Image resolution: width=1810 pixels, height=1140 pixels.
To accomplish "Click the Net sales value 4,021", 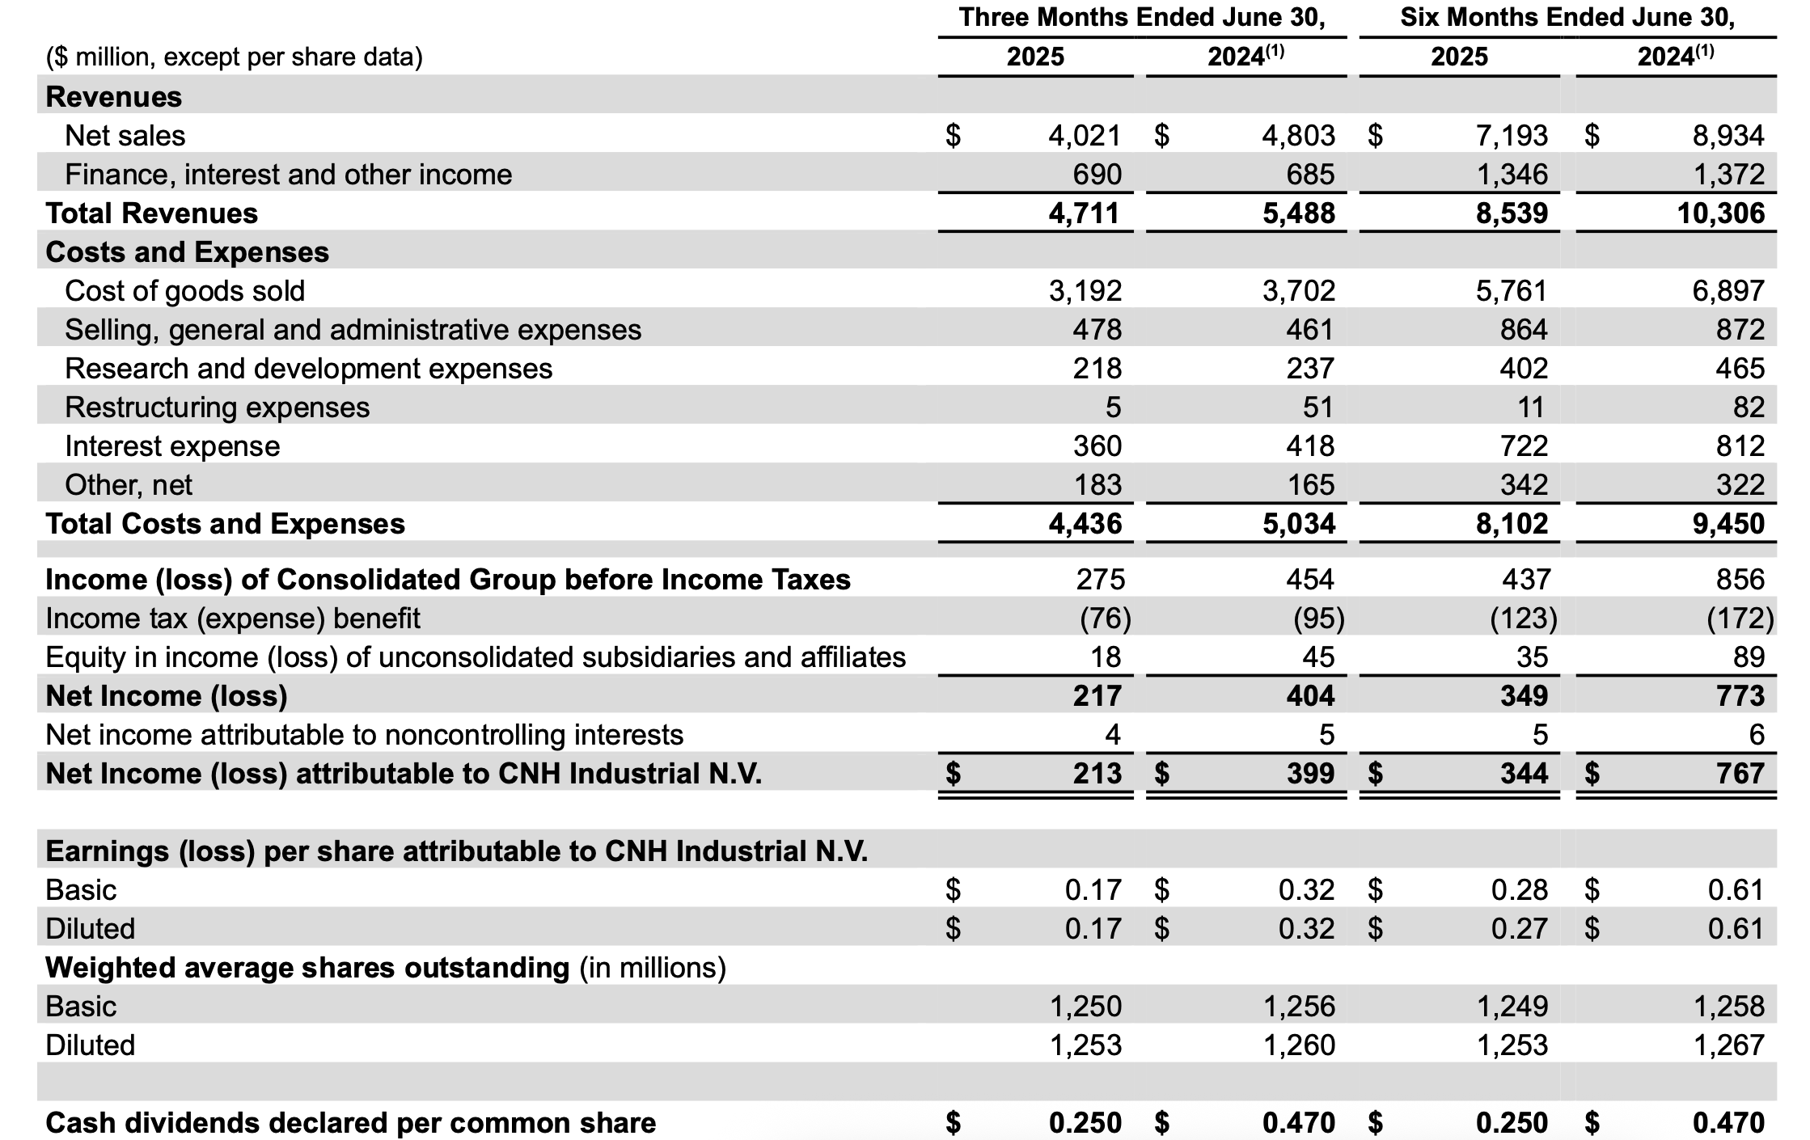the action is [x=1085, y=136].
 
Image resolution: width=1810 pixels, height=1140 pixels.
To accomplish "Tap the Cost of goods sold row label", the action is [x=184, y=291].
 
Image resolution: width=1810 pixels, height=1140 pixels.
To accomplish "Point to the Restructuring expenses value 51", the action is [x=1317, y=407].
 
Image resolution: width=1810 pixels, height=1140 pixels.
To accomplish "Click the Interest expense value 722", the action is [x=1524, y=446].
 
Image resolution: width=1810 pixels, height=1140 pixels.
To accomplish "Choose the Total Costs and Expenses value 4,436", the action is [x=1085, y=524].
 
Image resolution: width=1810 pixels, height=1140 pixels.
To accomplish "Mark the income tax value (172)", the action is [x=1740, y=619].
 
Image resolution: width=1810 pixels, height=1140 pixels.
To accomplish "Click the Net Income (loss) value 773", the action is [x=1740, y=696].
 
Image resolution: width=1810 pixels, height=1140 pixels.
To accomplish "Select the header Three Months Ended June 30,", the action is [x=1142, y=18].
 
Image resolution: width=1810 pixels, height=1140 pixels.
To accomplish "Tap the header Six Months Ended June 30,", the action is [x=1567, y=18].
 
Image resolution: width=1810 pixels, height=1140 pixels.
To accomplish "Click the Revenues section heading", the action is [x=114, y=97].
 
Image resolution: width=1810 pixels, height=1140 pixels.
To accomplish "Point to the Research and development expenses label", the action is [x=308, y=369].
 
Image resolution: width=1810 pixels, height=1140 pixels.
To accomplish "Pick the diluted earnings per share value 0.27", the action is [x=1520, y=929].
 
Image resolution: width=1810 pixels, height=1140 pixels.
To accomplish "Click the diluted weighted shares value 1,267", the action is [x=1729, y=1045].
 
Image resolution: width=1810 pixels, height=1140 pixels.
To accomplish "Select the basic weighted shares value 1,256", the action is [x=1299, y=1007].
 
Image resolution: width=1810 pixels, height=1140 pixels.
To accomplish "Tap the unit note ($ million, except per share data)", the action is [x=235, y=57].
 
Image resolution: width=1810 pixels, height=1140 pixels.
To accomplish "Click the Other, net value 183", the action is [x=1097, y=485].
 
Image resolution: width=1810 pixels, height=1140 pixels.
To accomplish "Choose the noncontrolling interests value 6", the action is [x=1756, y=735].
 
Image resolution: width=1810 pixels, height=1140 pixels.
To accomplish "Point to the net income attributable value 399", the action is [x=1310, y=774].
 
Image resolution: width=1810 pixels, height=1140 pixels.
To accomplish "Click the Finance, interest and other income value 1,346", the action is [x=1512, y=175].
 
